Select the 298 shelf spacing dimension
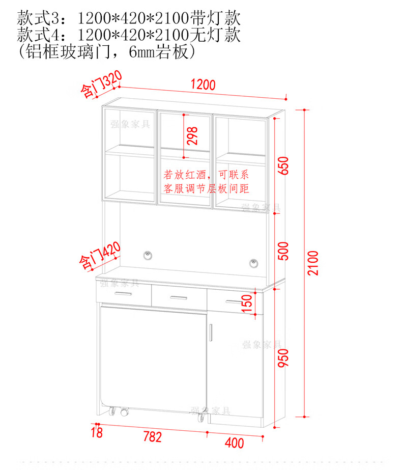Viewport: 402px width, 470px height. tap(192, 136)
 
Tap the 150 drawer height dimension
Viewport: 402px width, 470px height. tap(247, 304)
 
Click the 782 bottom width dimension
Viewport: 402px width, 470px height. tap(152, 437)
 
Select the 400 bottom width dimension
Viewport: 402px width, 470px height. tap(234, 443)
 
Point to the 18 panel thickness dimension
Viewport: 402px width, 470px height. tap(97, 433)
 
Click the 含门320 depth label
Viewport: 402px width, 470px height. tap(101, 85)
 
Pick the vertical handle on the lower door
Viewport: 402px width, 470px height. tap(210, 331)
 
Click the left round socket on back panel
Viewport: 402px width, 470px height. tap(148, 254)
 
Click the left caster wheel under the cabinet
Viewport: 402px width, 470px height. tap(123, 411)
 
